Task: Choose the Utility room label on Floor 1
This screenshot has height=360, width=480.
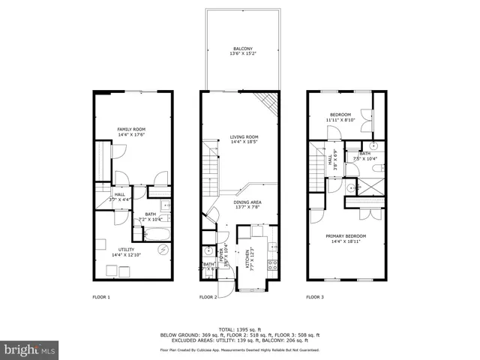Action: click(x=125, y=250)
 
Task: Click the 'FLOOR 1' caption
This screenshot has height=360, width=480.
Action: click(x=100, y=297)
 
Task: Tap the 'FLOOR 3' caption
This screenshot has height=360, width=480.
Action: click(x=315, y=297)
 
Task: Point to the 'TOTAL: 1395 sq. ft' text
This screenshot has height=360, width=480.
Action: click(x=239, y=329)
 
